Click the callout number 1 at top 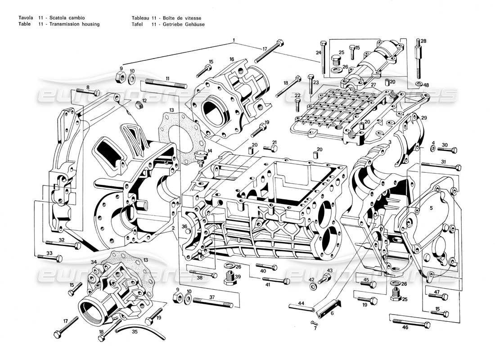[x=234, y=40]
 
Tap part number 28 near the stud [x=423, y=41]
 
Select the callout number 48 [x=426, y=85]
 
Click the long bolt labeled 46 [x=411, y=322]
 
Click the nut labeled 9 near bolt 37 [x=177, y=298]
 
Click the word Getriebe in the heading [x=169, y=24]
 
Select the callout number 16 [x=232, y=59]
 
